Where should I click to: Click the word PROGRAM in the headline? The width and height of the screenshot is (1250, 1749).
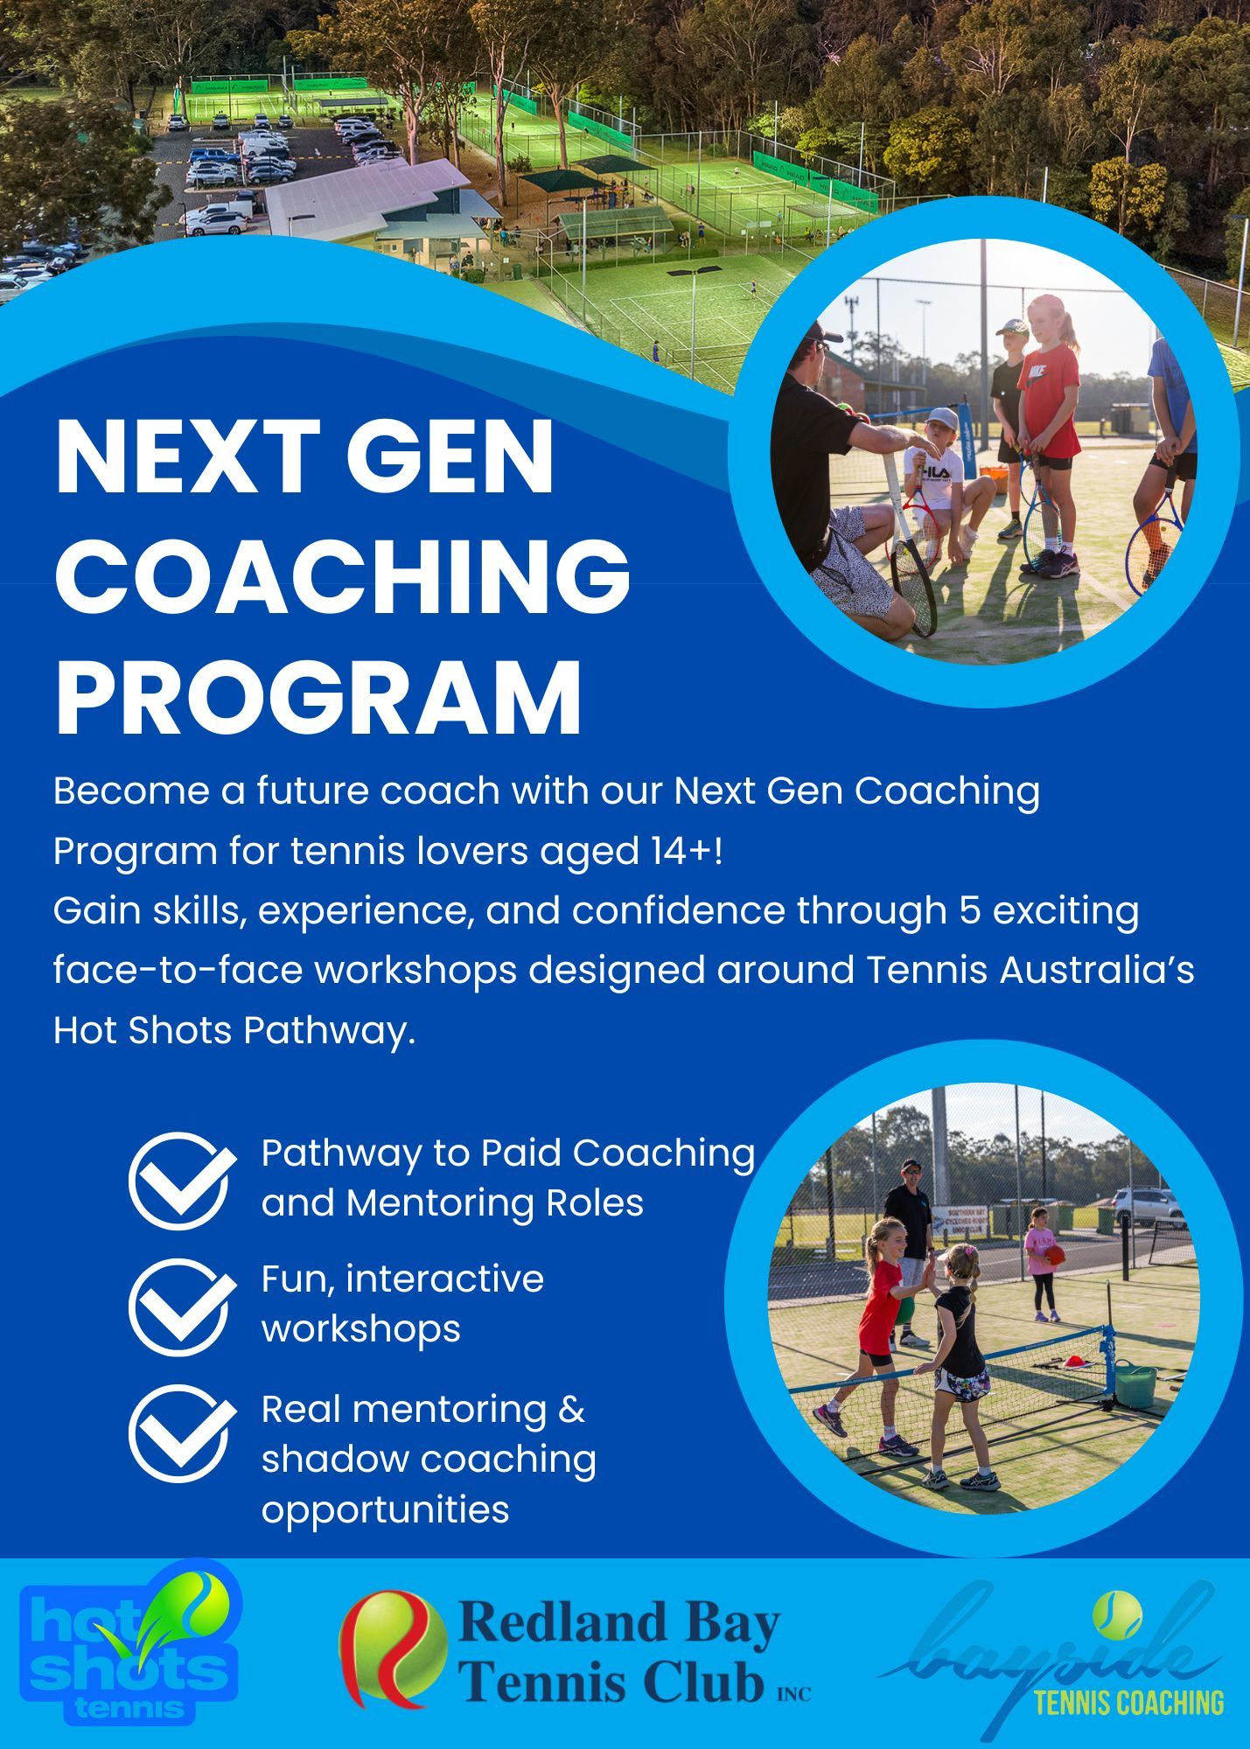(x=318, y=700)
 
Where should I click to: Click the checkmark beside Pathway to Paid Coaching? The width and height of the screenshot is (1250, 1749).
(x=182, y=1181)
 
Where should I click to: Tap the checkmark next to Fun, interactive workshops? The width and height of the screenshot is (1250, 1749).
(x=182, y=1307)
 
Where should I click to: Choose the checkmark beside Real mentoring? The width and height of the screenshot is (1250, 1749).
(x=182, y=1433)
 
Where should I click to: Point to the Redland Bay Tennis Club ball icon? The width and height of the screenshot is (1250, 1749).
(x=393, y=1649)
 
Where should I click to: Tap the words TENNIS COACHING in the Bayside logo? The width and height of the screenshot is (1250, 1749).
(x=1128, y=1702)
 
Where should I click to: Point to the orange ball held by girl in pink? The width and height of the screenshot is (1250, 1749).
(x=1055, y=1255)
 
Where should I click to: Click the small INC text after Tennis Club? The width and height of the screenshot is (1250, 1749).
(x=793, y=1694)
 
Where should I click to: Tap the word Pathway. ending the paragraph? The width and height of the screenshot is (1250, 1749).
(x=329, y=1031)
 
